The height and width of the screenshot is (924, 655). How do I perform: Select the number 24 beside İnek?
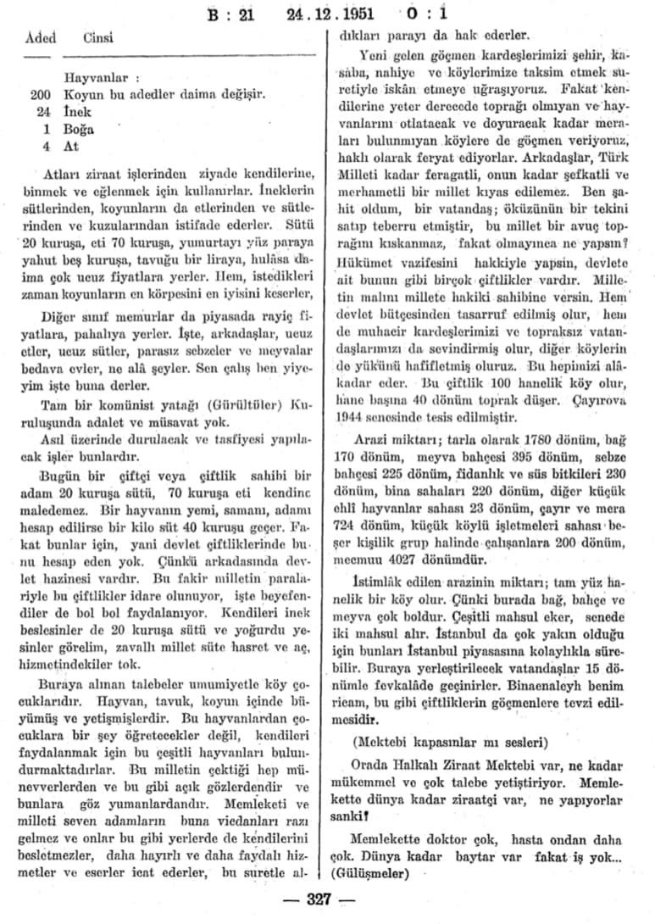pyautogui.click(x=45, y=112)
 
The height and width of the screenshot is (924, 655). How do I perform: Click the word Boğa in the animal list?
pyautogui.click(x=78, y=129)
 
